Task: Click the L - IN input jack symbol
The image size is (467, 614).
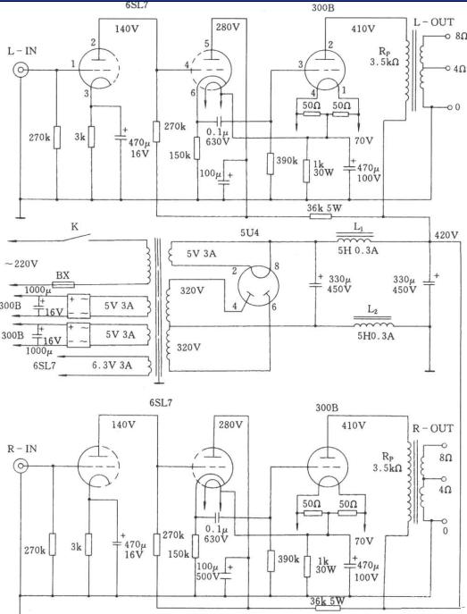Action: click(21, 71)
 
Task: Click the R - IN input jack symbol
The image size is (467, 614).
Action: click(20, 466)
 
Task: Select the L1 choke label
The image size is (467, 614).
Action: click(358, 226)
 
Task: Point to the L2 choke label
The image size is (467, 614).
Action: click(372, 310)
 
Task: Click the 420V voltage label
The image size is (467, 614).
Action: click(446, 235)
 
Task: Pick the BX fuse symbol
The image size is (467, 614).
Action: click(63, 284)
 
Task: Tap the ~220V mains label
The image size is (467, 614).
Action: click(21, 264)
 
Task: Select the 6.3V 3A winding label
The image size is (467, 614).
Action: click(112, 366)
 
